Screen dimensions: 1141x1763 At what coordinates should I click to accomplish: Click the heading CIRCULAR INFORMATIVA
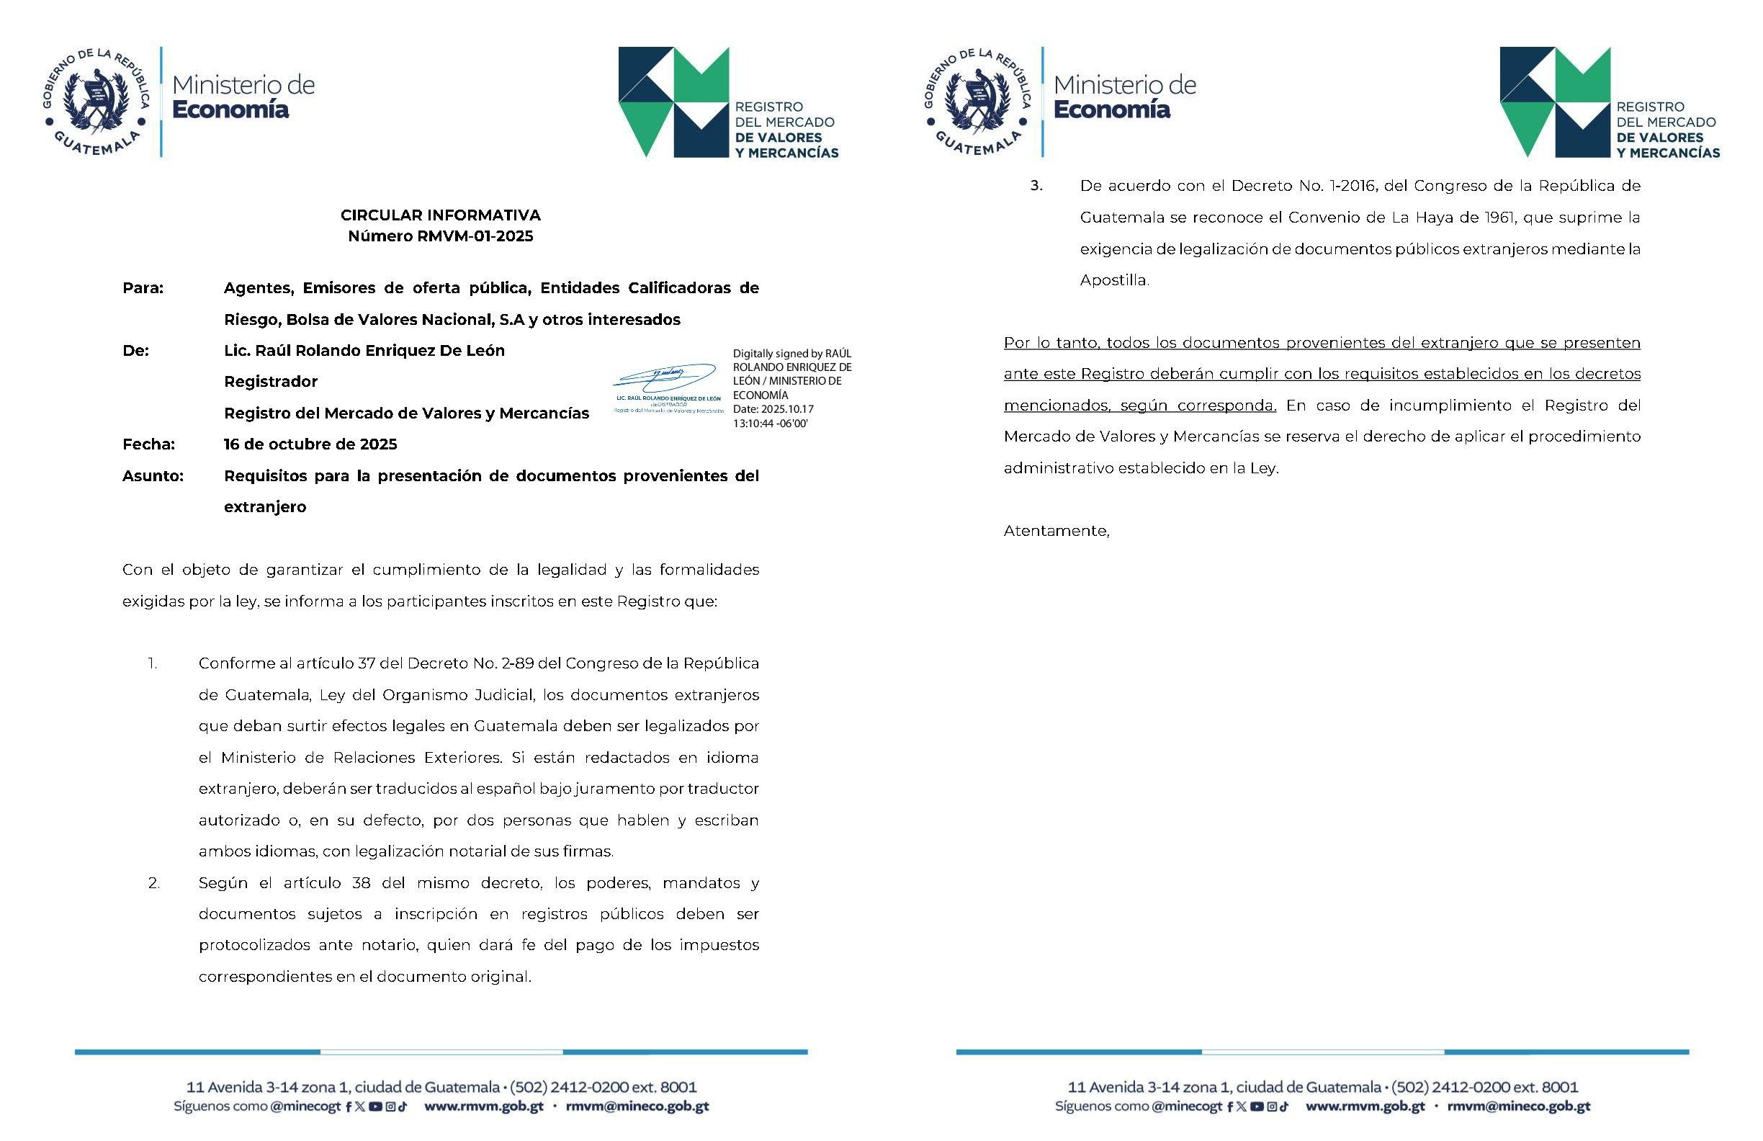440,215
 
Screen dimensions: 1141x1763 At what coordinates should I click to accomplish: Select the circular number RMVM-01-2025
470,236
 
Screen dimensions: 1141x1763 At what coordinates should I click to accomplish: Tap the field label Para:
143,288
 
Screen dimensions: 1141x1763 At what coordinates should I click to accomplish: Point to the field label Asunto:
153,475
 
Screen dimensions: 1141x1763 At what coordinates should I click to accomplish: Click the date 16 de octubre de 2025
310,444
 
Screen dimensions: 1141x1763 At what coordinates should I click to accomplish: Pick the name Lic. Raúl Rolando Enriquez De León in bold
364,351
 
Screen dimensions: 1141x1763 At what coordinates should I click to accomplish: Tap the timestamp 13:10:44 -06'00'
770,424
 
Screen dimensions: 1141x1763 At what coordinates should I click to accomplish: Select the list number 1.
153,664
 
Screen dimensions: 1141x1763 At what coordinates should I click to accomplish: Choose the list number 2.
153,883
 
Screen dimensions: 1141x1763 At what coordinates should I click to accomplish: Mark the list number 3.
1036,186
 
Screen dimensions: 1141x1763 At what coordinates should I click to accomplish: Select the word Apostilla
1113,281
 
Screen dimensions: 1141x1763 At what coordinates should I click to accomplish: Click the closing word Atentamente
1056,531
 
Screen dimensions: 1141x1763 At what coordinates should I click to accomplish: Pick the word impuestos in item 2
719,945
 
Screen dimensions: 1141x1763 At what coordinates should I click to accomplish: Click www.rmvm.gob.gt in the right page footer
1365,1107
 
